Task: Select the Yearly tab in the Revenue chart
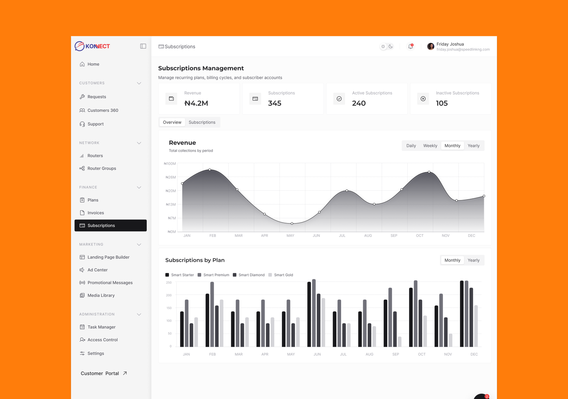(x=474, y=146)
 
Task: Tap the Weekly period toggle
(x=430, y=146)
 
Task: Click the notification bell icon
(x=410, y=47)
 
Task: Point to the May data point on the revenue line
(x=292, y=223)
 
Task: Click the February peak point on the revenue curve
(x=210, y=169)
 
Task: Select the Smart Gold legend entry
(x=281, y=275)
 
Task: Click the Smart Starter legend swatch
(x=167, y=275)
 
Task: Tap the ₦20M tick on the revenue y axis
(x=171, y=191)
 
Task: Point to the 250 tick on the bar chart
(x=169, y=282)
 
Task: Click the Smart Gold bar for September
(x=400, y=342)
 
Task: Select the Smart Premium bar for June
(x=314, y=313)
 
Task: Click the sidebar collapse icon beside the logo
(x=143, y=46)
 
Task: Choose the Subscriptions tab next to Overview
(x=202, y=122)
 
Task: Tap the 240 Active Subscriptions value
(x=359, y=103)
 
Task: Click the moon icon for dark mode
(x=391, y=47)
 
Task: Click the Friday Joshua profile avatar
(x=431, y=47)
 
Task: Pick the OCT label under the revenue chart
(x=420, y=236)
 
